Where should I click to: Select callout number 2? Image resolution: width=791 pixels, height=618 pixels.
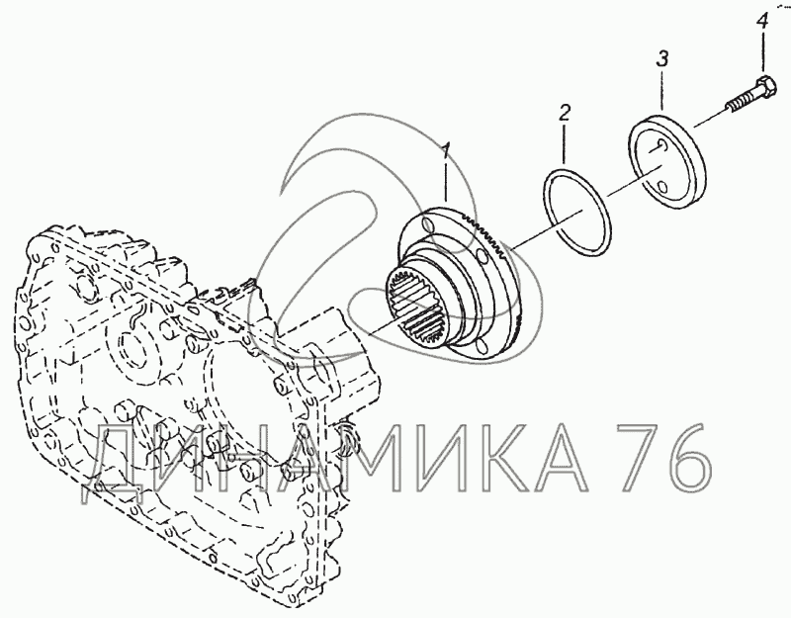[x=565, y=113]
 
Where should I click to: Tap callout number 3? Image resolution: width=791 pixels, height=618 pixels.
[x=661, y=59]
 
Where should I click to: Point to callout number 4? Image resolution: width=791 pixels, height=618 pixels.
[x=762, y=22]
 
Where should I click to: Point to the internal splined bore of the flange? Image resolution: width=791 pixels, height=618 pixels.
[x=416, y=307]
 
